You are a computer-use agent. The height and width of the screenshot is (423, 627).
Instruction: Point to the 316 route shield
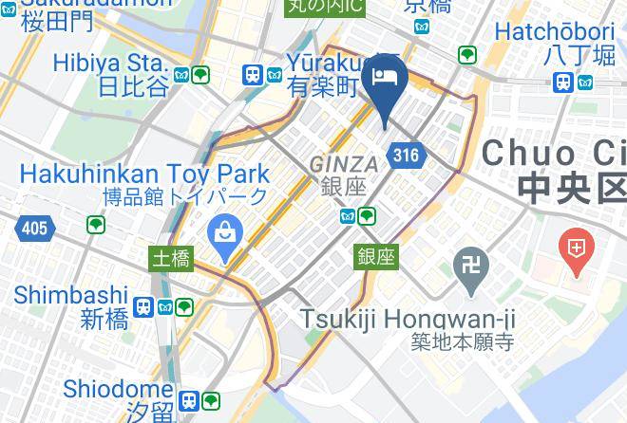(x=405, y=155)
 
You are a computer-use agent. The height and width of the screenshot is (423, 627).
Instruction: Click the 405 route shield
(x=34, y=228)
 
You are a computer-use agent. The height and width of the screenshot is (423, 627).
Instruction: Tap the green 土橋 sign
(x=172, y=257)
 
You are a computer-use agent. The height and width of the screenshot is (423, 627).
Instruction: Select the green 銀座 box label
(x=377, y=255)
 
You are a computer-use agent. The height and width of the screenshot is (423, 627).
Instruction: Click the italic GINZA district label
(x=343, y=164)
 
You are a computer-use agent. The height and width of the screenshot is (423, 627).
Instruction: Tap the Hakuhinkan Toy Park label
(x=143, y=175)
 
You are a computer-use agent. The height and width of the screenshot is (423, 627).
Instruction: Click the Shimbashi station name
(x=70, y=294)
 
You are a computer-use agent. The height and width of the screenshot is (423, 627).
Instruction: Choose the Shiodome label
(x=117, y=389)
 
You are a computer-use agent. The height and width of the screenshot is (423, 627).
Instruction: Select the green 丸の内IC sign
(x=327, y=8)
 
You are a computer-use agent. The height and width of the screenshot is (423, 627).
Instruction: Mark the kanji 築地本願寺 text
(x=463, y=341)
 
